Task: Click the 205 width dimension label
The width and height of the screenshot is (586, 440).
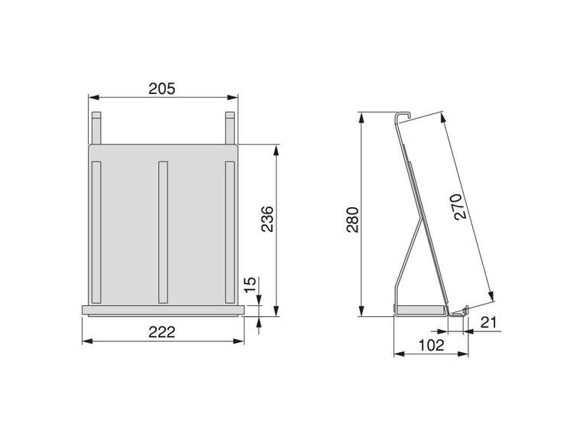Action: coord(162,89)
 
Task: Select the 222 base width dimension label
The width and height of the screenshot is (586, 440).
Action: coord(162,332)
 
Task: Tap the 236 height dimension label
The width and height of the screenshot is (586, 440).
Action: coord(267,219)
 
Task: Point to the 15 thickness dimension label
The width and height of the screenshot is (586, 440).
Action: coord(251,285)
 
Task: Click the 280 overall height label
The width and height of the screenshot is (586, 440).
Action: coord(353,220)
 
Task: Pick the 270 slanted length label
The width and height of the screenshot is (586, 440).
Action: coord(460,207)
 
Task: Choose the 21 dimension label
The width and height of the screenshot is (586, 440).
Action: coord(488,322)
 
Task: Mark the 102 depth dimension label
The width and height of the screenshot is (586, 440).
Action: coord(431,345)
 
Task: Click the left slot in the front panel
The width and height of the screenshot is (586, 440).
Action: coord(96,232)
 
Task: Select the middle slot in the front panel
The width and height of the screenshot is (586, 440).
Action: coord(163,232)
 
